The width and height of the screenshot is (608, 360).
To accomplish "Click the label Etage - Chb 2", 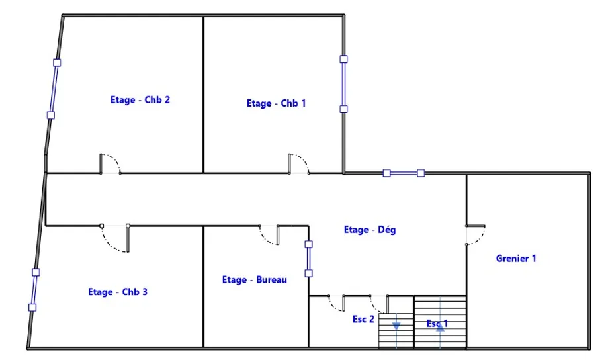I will [x=140, y=100].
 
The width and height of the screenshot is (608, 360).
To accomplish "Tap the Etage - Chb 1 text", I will [x=276, y=103].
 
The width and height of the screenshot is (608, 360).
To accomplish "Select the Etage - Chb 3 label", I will [x=118, y=292].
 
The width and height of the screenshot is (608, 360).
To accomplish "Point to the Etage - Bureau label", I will [x=255, y=280].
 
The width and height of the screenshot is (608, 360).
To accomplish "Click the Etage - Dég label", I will [x=369, y=230].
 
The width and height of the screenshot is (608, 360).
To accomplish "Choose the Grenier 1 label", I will [x=516, y=259].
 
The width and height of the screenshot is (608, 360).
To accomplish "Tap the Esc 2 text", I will [x=363, y=319].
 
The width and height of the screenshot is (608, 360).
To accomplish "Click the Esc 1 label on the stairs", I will [x=437, y=324].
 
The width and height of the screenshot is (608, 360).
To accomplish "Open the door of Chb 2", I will [x=109, y=164].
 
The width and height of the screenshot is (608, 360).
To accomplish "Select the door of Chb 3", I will [x=116, y=238].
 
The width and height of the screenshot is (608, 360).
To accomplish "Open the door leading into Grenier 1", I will [x=476, y=235].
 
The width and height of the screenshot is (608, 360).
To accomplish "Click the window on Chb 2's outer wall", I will [x=54, y=89].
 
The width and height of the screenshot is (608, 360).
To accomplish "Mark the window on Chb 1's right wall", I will [x=343, y=83].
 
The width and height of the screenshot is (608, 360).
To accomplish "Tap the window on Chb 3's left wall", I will [x=34, y=289].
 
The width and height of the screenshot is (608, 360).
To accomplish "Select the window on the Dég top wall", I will [x=404, y=173].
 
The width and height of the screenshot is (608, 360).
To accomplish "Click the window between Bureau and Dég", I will [x=308, y=259].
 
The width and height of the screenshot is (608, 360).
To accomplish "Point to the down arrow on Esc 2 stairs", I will [x=396, y=326].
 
